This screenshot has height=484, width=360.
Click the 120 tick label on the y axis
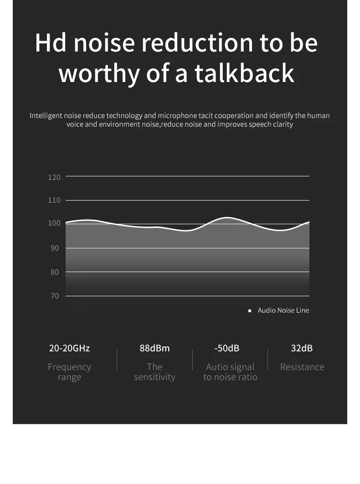click(54, 177)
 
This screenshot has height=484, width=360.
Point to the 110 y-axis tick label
click(54, 200)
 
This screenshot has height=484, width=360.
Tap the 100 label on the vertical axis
click(54, 223)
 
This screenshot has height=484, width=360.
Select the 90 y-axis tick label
click(55, 248)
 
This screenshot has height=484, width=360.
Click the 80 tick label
click(55, 272)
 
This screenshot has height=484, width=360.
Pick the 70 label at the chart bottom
click(55, 296)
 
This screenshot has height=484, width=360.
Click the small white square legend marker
click(249, 310)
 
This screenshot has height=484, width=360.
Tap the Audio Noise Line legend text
click(283, 310)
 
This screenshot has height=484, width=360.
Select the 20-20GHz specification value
click(69, 348)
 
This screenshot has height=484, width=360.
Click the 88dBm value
click(154, 348)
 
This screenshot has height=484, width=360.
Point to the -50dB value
click(226, 348)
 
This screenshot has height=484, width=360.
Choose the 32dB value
click(302, 348)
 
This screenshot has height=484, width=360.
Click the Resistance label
click(302, 367)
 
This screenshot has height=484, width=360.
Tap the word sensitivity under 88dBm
click(154, 377)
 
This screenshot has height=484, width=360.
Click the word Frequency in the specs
click(69, 367)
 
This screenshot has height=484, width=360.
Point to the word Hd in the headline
click(50, 42)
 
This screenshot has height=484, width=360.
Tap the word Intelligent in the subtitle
click(46, 116)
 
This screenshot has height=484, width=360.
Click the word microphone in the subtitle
click(177, 116)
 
